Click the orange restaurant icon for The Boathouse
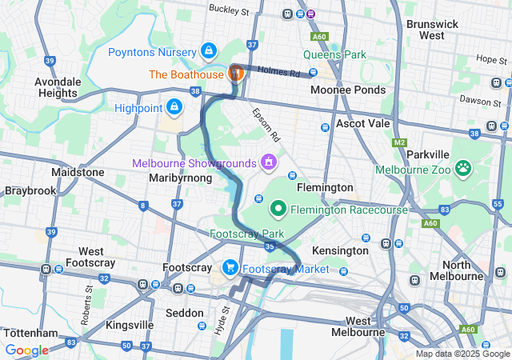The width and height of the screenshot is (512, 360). pos(236,74)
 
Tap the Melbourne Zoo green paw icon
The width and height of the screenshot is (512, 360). pos(463,168)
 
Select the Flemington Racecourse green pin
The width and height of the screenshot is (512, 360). pos(279,209)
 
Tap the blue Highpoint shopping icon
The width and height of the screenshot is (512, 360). pos(174,106)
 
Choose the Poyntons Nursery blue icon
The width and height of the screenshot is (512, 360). pos(209,51)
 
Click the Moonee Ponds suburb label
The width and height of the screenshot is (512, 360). pos(347,90)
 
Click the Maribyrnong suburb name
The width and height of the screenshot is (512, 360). pos(181,178)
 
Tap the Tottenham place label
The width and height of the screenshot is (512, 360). pos(30,332)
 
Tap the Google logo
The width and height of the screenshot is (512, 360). pos(26,350)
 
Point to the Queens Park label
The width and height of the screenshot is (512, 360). pos(334,55)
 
